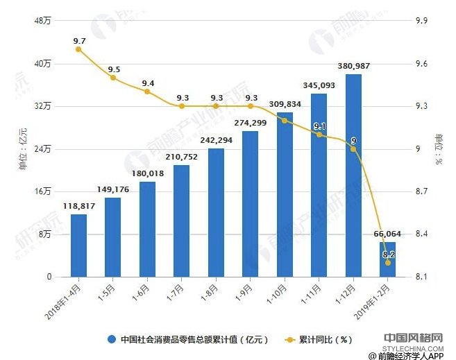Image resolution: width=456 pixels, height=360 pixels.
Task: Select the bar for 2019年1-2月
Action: pyautogui.click(x=387, y=259)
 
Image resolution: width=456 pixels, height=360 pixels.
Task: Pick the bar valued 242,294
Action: pyautogui.click(x=216, y=213)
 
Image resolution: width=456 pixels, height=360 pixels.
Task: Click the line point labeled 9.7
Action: pyautogui.click(x=78, y=49)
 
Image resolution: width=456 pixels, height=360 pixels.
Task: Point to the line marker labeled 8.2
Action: pyautogui.click(x=387, y=263)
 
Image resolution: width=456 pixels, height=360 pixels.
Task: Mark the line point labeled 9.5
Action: pyautogui.click(x=113, y=78)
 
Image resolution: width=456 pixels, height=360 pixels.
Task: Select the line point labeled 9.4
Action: pyautogui.click(x=147, y=92)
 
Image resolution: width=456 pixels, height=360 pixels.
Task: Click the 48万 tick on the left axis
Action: pyautogui.click(x=42, y=21)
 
